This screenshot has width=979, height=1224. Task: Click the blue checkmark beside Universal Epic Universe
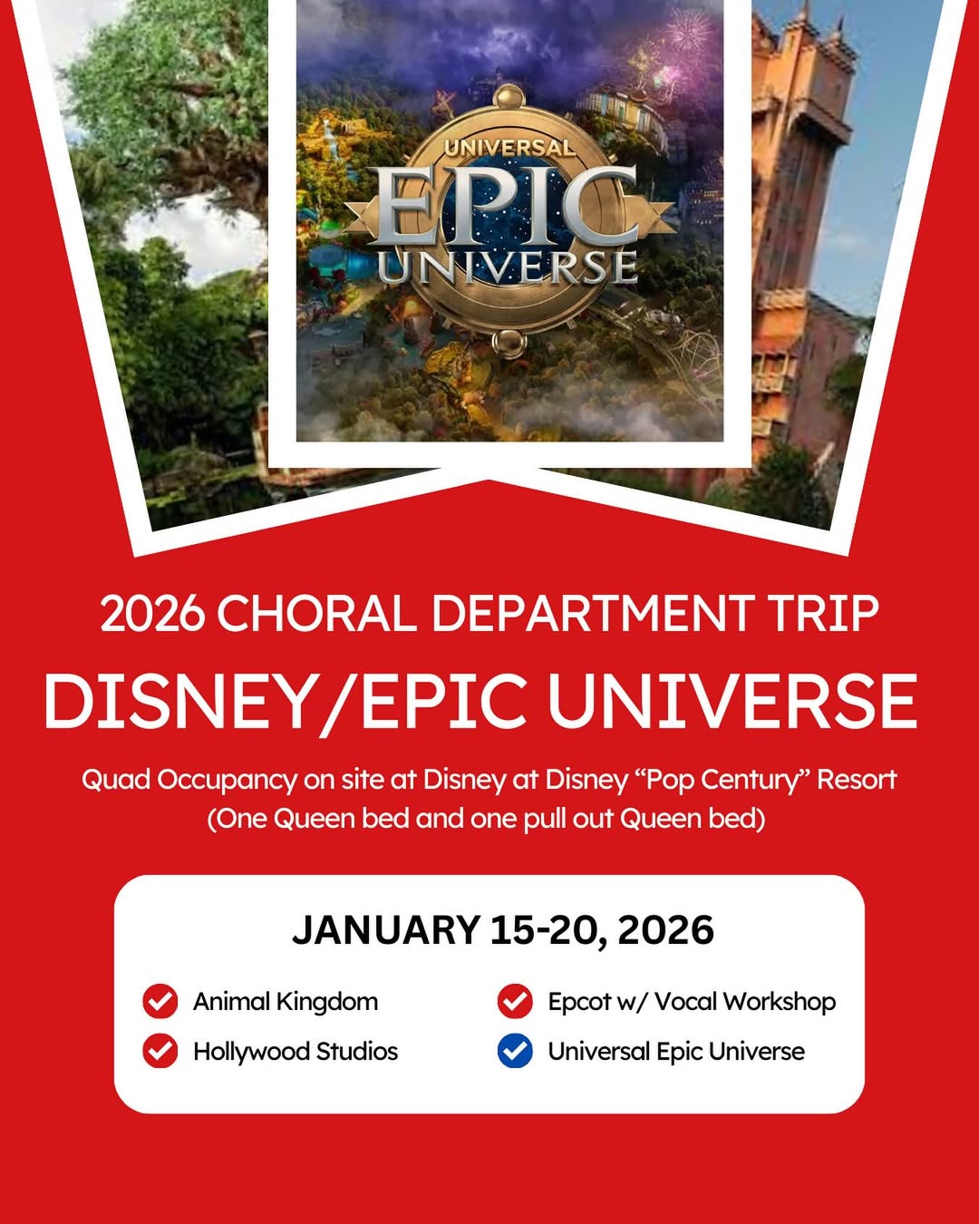[515, 1051]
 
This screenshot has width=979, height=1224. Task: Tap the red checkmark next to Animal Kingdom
[160, 1001]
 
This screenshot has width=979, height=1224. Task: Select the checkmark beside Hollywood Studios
[160, 1051]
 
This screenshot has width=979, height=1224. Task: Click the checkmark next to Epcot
[515, 1001]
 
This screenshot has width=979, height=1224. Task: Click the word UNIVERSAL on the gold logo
[509, 148]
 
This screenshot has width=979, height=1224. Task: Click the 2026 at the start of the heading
[152, 614]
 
